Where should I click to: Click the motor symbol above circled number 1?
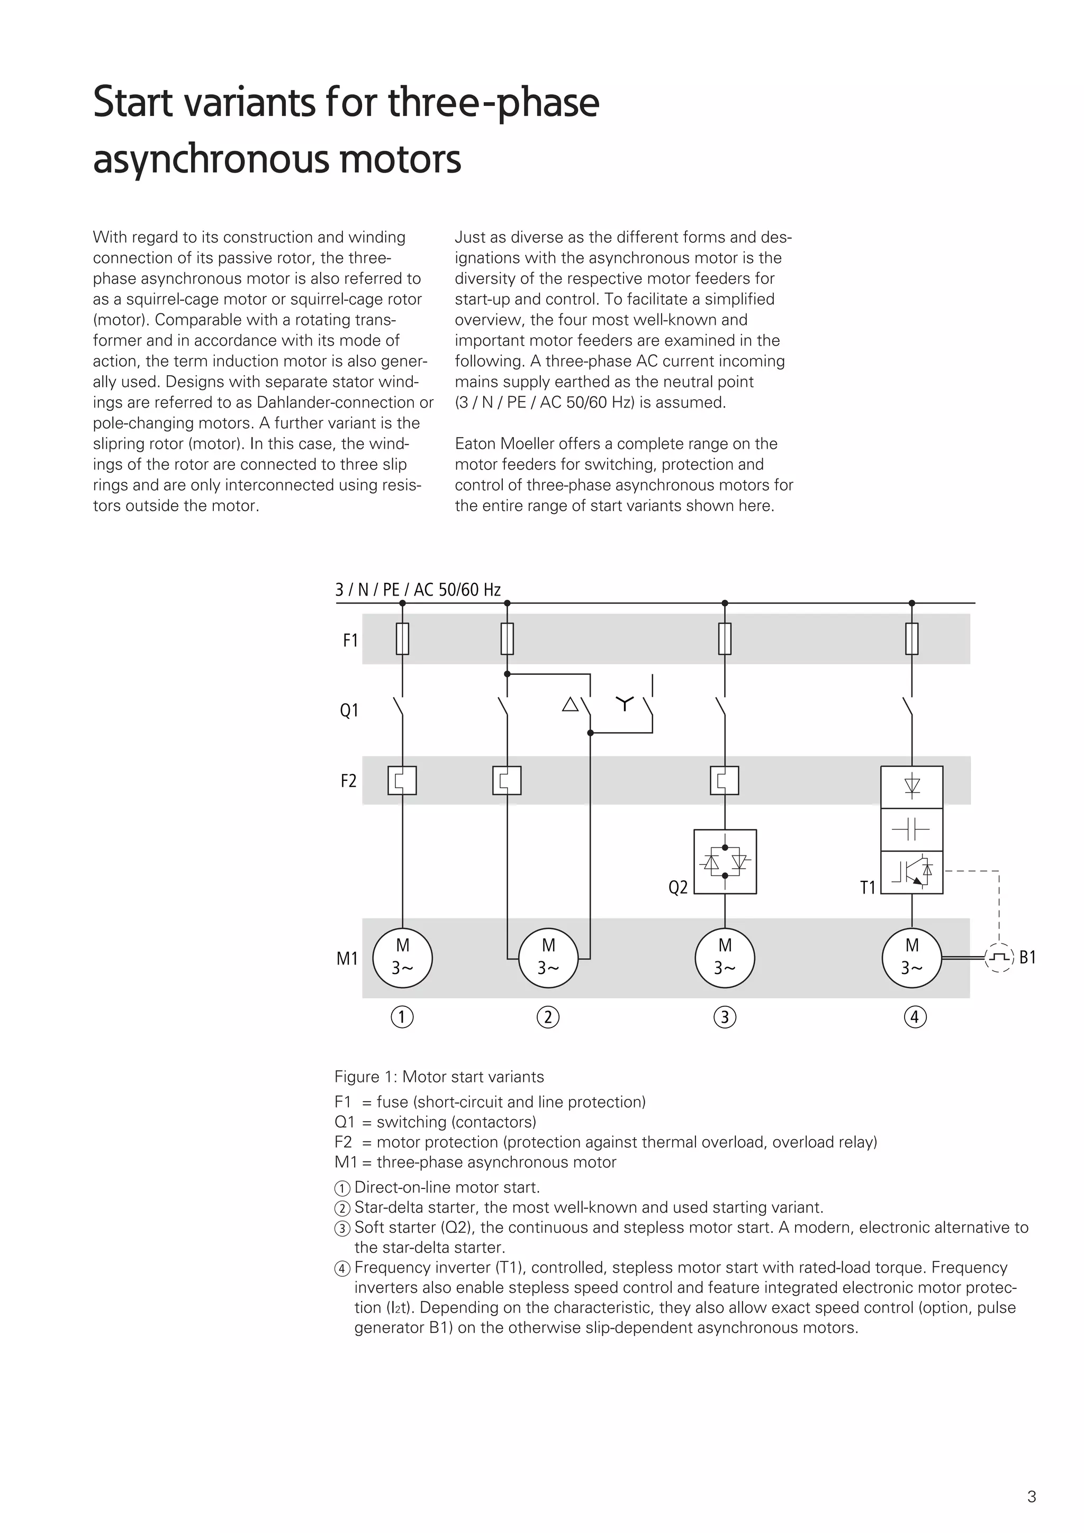[x=402, y=958]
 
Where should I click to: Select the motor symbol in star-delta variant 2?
[x=548, y=958]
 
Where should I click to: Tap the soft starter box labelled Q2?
[x=725, y=861]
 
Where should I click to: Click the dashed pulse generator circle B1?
[x=999, y=958]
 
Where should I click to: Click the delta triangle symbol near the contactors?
[x=570, y=705]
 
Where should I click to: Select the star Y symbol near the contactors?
[x=624, y=702]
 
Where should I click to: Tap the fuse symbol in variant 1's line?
[x=402, y=639]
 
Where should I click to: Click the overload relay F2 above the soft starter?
[x=724, y=780]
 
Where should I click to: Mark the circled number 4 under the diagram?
[x=915, y=1017]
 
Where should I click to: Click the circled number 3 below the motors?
[x=725, y=1017]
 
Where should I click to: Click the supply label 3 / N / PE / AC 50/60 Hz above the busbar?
[x=418, y=590]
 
